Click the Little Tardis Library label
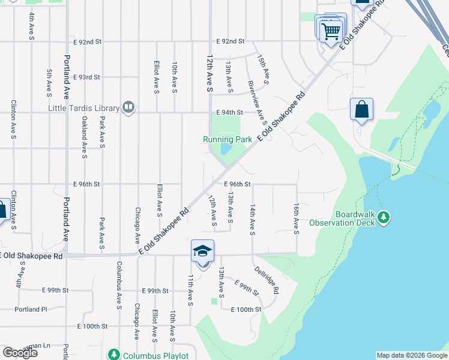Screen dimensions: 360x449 [83, 108]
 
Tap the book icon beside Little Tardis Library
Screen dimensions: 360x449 [128, 107]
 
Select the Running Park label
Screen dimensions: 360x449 [227, 139]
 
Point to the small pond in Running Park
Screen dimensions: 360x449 [226, 149]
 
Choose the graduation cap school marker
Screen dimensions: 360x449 [203, 251]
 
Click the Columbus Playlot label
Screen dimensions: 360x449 [155, 356]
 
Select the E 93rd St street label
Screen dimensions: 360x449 [86, 77]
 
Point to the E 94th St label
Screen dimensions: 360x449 [230, 112]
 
